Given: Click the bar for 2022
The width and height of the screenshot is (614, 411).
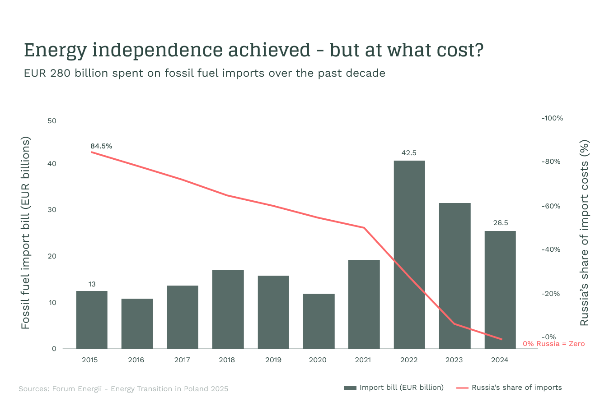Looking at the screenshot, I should coord(409,254).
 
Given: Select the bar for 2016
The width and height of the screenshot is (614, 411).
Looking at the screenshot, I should coord(137,323).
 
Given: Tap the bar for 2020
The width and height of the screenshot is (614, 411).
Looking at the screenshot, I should coord(319,321).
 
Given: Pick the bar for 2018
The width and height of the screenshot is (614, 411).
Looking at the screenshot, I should coord(228,309).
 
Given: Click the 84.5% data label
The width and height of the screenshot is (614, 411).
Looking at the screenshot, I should coord(101,146).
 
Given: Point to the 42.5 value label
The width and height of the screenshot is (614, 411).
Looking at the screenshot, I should coord(409,153).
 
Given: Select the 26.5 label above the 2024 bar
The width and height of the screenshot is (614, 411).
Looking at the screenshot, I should coord(500,223).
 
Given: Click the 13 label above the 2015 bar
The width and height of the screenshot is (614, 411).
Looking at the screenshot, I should coord(92,284).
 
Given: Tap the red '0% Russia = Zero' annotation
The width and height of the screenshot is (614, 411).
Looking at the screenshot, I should coord(553,344).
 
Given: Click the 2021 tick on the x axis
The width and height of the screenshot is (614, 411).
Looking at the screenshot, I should coord(363,360).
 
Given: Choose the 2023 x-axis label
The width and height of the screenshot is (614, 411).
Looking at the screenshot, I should coord(454,360).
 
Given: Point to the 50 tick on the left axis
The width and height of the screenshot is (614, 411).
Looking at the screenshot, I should coord(52,121).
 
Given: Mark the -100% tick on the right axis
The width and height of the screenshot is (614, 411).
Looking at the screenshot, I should coord(552,118).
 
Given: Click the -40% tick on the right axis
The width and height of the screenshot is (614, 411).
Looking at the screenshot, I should coord(551,249).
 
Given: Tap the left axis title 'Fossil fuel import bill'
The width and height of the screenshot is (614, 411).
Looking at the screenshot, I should coord(25,233).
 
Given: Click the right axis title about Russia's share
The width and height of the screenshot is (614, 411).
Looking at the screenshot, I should coord(584,233).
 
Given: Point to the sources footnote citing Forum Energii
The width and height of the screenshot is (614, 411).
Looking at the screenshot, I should coord(123,389).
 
